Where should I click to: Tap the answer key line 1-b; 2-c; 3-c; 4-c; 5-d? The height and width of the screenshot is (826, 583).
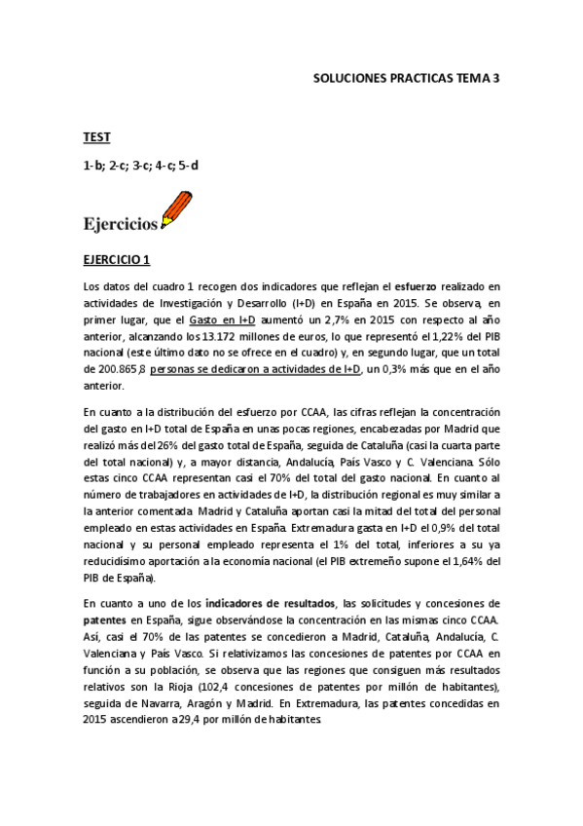click(140, 166)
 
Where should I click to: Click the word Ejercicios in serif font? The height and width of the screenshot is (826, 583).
click(121, 225)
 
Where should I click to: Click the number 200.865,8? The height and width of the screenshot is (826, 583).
click(114, 368)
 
